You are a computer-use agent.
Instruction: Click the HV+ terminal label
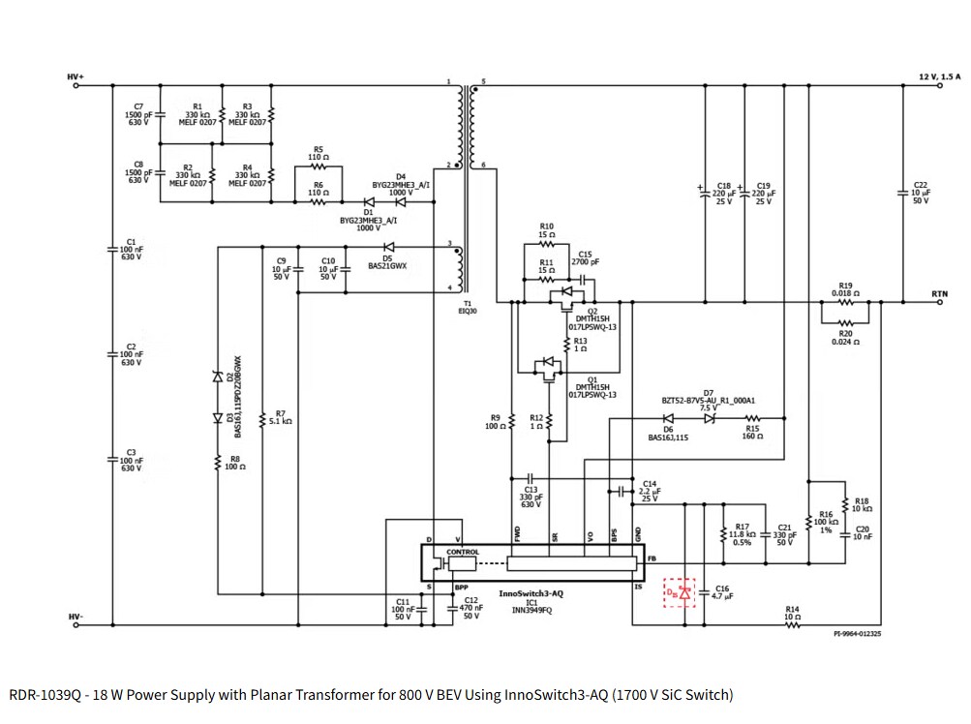76,76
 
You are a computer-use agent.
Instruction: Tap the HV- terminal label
76,617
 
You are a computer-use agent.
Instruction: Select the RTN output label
939,292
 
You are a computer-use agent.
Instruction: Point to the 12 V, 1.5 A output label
939,75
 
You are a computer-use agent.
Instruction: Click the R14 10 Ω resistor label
793,613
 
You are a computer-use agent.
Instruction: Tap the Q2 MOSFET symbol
562,294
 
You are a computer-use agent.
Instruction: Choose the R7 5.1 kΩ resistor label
280,417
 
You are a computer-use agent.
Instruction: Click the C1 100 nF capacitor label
132,249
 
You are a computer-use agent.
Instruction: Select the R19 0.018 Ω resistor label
845,289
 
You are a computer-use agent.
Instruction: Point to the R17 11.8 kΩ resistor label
742,534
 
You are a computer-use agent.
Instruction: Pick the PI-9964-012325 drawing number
857,634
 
